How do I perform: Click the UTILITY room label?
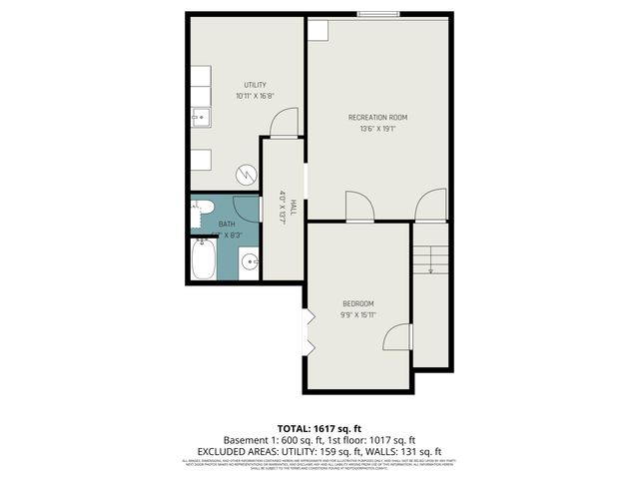click(x=256, y=85)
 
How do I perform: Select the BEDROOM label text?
click(x=357, y=303)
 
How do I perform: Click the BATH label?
click(x=227, y=225)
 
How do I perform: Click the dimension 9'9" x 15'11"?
click(x=357, y=314)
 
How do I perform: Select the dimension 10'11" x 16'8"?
click(x=256, y=97)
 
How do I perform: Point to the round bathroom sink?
click(x=248, y=263)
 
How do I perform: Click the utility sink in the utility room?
click(x=200, y=118)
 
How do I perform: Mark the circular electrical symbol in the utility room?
click(x=244, y=175)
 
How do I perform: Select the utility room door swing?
click(x=285, y=125)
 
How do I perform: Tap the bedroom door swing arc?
click(x=397, y=336)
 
